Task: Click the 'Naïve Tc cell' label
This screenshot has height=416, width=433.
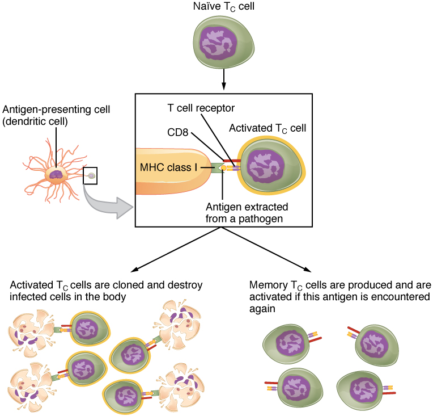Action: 224,7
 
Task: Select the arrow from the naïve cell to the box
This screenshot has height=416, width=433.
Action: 224,78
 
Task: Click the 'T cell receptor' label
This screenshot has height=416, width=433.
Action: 200,108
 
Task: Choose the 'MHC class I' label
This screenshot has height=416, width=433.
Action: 168,167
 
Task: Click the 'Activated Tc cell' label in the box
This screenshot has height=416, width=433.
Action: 267,128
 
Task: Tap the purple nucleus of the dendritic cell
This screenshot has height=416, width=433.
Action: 56,175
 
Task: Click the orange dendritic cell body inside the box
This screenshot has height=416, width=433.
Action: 170,184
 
